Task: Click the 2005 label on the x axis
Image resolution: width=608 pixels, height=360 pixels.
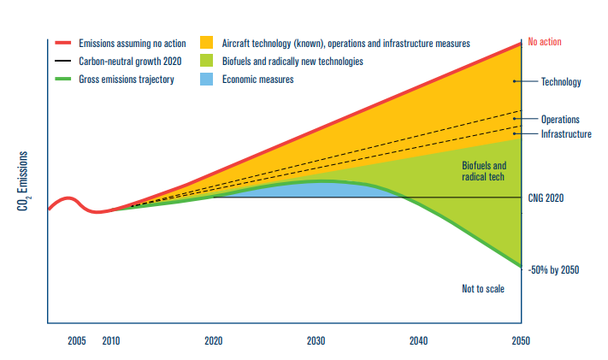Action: [76, 340]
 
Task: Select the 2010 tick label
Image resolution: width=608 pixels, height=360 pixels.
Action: [111, 340]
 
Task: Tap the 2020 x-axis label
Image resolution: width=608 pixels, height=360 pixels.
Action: [214, 340]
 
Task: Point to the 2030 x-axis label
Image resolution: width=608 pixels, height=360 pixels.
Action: [316, 340]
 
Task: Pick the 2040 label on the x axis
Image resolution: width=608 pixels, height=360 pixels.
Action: [418, 340]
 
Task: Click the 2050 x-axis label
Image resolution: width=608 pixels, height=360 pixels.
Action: [521, 340]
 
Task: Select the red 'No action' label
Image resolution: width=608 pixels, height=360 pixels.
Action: [545, 41]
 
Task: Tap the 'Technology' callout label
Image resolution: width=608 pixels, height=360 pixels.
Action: [561, 82]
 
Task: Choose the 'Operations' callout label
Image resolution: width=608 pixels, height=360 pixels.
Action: [560, 120]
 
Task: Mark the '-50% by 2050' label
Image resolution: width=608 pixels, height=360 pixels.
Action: [554, 270]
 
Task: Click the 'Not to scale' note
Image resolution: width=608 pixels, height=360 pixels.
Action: [483, 289]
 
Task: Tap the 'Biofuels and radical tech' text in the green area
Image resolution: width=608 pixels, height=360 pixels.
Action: [484, 171]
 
